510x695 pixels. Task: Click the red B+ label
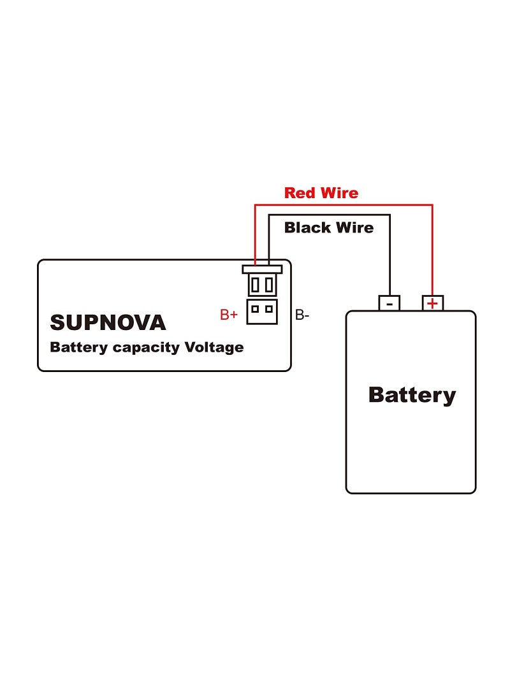[229, 314]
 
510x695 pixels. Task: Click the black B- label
[302, 314]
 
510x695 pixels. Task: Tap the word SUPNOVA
[108, 322]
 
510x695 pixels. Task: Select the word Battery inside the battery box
[412, 394]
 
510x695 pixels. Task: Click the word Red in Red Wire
[298, 192]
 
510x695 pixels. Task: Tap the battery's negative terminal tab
[389, 303]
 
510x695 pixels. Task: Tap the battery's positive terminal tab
[433, 303]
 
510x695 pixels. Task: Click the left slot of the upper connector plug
[255, 285]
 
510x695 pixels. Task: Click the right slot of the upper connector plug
[269, 285]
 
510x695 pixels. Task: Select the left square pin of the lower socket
[255, 310]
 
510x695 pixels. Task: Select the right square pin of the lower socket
[269, 310]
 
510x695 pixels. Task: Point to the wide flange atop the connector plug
[262, 269]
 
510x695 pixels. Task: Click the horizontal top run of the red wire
[344, 205]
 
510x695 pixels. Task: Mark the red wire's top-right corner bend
[432, 205]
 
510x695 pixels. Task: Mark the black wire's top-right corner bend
[390, 215]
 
